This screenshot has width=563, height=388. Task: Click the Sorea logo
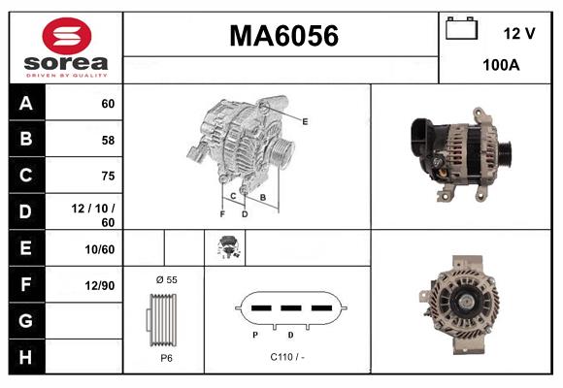coord(66,48)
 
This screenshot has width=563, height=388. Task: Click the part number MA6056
coord(282,36)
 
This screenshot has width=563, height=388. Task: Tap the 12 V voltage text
coord(519,33)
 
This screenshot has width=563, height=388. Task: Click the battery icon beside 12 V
coord(462,30)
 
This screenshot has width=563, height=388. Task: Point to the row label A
coord(26,103)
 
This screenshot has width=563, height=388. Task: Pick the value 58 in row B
coord(107,140)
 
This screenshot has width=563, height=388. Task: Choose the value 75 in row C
coord(107,176)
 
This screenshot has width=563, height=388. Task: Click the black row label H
coord(26,356)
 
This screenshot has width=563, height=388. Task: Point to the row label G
coord(26,320)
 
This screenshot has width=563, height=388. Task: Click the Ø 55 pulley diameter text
coord(165,279)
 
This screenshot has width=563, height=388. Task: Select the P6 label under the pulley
coord(165,357)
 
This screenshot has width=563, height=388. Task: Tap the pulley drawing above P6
coord(163,318)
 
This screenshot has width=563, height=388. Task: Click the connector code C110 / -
coord(288,357)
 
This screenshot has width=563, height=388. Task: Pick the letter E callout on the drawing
coord(305,121)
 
